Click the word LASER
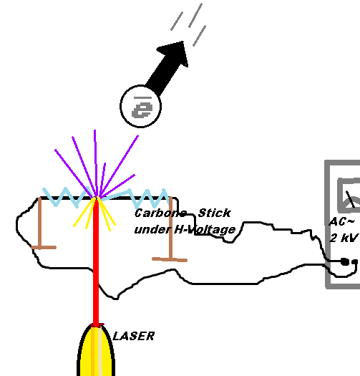click(x=134, y=336)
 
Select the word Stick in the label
click(x=214, y=213)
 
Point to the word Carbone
click(x=160, y=213)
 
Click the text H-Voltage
click(x=205, y=230)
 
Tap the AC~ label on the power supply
click(x=341, y=222)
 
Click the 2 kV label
click(x=344, y=238)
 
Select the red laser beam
click(x=96, y=262)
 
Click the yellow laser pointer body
click(x=96, y=352)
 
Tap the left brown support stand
click(x=40, y=223)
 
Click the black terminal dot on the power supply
click(x=345, y=261)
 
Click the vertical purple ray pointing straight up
click(x=96, y=163)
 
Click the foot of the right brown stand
click(x=170, y=259)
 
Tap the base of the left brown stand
click(x=44, y=247)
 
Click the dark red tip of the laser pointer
click(x=97, y=325)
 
